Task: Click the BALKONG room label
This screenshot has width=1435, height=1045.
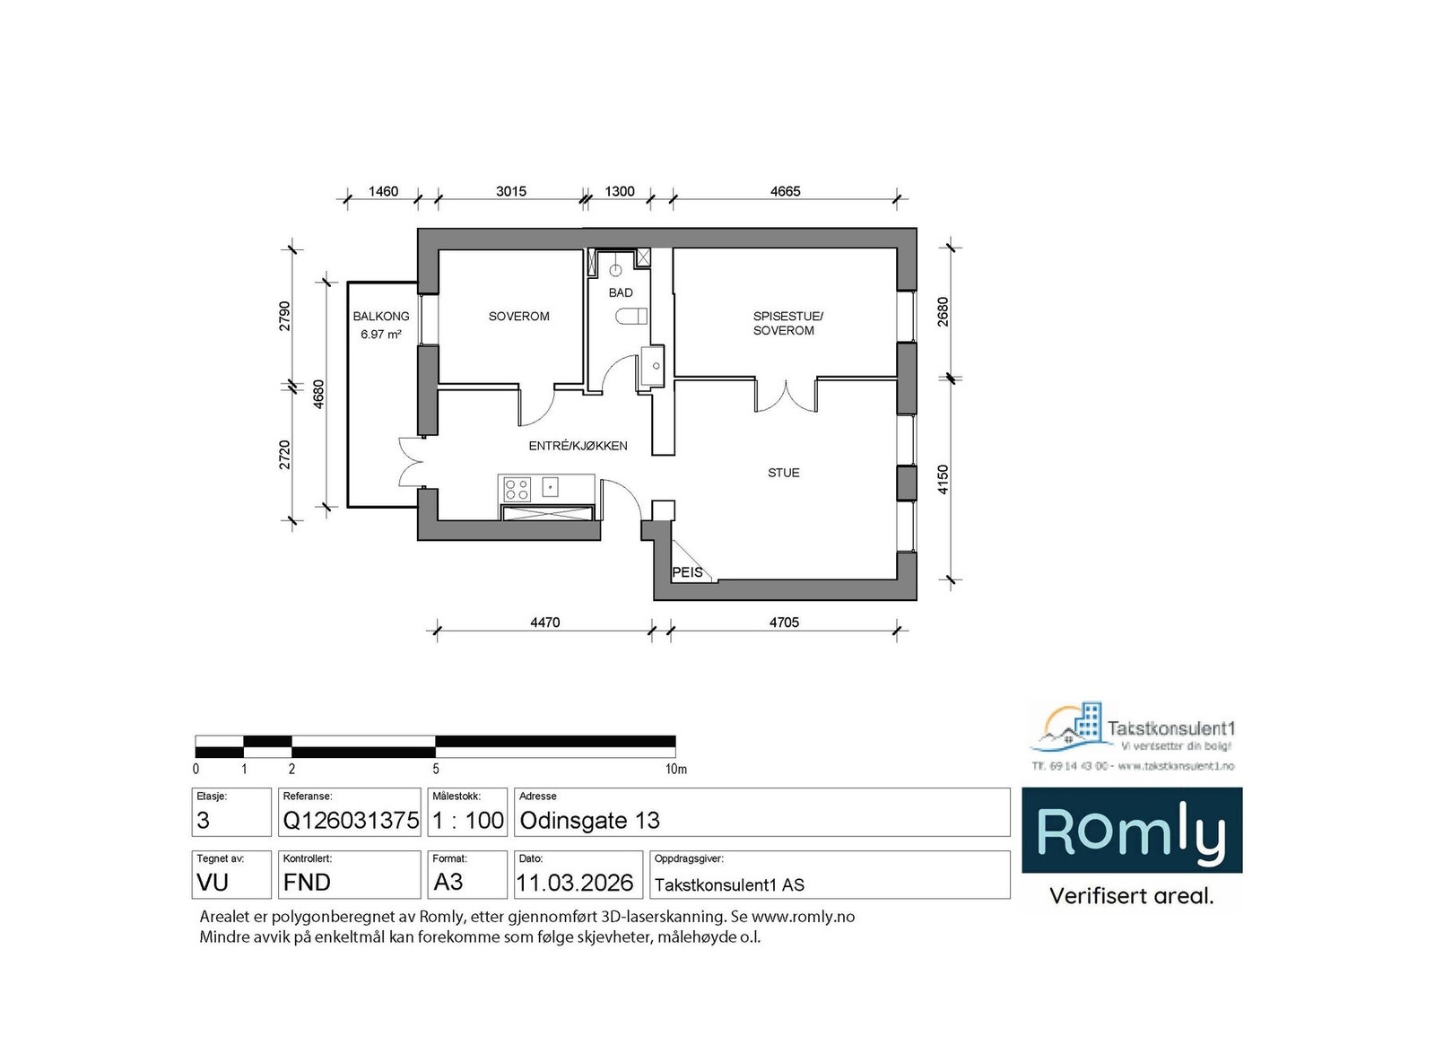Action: [380, 317]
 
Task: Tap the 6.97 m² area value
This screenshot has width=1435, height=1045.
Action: [380, 334]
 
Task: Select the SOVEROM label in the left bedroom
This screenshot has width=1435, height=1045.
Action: [518, 317]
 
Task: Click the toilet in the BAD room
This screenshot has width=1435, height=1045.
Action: [632, 316]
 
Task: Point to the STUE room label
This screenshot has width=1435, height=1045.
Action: [783, 473]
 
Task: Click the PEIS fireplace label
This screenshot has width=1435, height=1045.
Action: [688, 572]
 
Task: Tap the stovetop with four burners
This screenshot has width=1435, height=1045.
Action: [517, 489]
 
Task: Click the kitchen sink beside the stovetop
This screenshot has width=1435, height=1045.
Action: [551, 488]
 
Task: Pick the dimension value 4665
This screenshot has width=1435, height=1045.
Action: [785, 191]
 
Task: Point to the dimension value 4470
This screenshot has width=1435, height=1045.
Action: [544, 623]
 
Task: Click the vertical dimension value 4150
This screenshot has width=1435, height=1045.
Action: [943, 480]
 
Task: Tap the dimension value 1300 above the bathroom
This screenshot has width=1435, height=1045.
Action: [619, 191]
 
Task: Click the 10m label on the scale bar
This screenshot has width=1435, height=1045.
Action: [675, 769]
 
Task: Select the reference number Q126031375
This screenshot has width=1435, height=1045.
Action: [351, 820]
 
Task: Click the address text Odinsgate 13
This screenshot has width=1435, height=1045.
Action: [589, 820]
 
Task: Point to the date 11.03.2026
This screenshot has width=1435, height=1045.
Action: [575, 883]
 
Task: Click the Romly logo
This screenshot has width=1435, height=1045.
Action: [1132, 831]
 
